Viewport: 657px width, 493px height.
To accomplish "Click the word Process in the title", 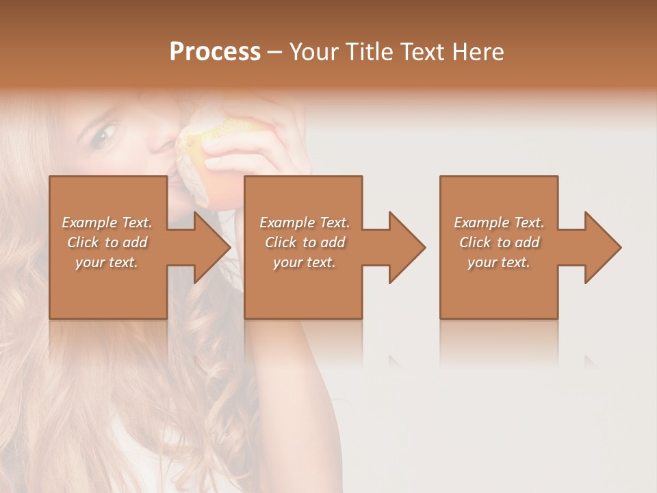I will pyautogui.click(x=215, y=52).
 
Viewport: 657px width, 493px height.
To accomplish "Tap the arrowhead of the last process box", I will pyautogui.click(x=601, y=247).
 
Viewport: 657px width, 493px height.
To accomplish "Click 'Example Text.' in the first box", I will pyautogui.click(x=107, y=223).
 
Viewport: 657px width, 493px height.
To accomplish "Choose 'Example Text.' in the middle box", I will pyautogui.click(x=305, y=223).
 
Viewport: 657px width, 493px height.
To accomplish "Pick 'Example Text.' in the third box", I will pyautogui.click(x=499, y=223).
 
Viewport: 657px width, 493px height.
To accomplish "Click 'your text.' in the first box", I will pyautogui.click(x=107, y=262).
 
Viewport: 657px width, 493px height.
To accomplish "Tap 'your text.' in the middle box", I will pyautogui.click(x=305, y=262).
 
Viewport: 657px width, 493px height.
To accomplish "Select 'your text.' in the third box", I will pyautogui.click(x=499, y=262).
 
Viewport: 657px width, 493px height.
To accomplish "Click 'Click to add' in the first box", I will pyautogui.click(x=107, y=242).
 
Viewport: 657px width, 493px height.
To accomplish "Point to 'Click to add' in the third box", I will pyautogui.click(x=499, y=242).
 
